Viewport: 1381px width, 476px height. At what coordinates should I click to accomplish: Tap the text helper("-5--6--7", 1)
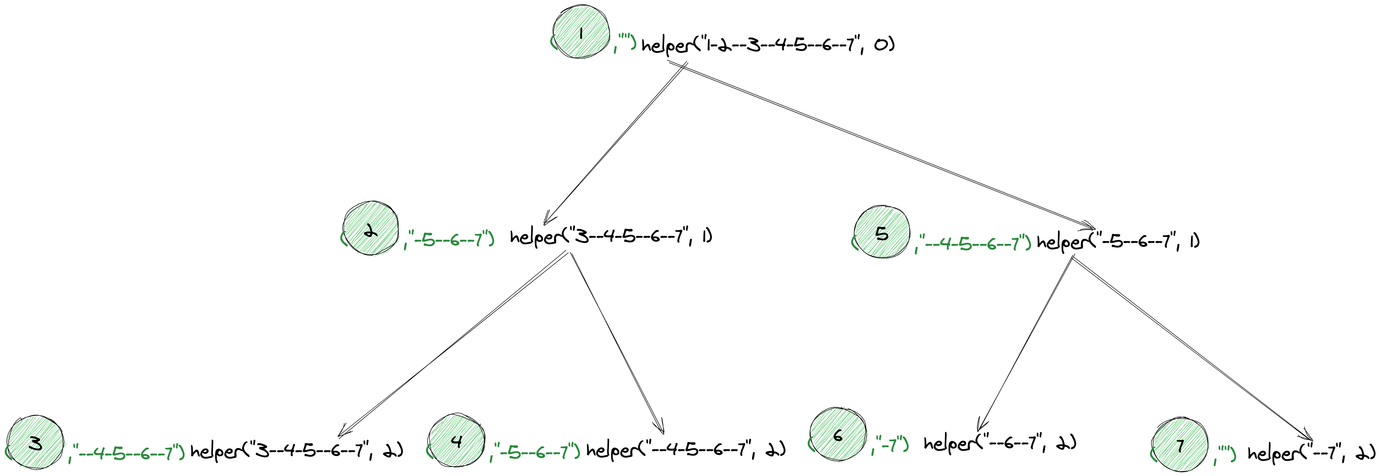point(1118,242)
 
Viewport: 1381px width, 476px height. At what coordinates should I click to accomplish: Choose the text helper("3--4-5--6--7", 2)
point(296,451)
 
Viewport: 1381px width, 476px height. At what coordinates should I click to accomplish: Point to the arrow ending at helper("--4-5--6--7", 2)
point(617,343)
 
